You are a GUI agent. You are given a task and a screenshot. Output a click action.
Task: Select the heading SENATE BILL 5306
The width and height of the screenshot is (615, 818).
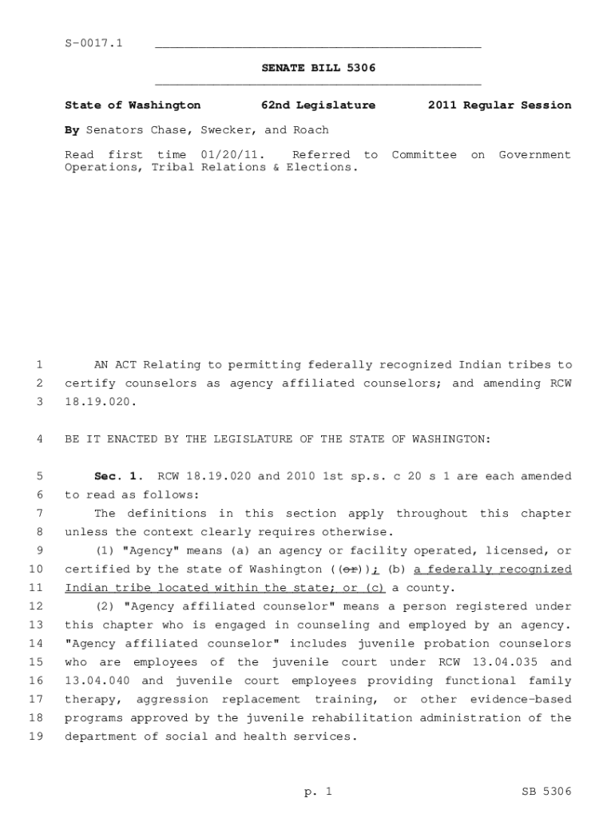(318, 69)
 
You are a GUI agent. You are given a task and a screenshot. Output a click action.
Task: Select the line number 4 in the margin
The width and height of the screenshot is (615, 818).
(39, 439)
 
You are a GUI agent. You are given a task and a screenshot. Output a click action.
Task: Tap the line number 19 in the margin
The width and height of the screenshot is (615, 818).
(35, 737)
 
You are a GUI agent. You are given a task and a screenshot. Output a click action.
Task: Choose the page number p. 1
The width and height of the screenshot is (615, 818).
(318, 792)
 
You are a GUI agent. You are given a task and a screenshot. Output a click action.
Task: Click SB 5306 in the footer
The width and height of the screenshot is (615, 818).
(546, 792)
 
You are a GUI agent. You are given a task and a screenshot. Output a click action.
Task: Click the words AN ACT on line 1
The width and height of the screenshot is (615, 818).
(114, 365)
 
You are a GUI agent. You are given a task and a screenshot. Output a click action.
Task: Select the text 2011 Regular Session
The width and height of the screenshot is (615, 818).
(499, 105)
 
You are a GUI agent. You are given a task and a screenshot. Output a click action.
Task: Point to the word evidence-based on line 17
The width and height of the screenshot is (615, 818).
(520, 699)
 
